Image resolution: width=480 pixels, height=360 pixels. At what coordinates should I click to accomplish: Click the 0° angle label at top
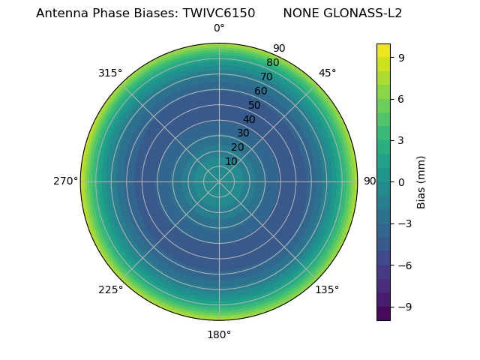pyautogui.click(x=219, y=28)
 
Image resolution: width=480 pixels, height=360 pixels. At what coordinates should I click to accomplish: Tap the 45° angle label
pyautogui.click(x=327, y=73)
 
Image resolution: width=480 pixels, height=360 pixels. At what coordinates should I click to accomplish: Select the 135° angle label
pyautogui.click(x=327, y=289)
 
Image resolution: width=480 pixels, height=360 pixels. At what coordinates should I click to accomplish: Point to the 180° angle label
pyautogui.click(x=219, y=334)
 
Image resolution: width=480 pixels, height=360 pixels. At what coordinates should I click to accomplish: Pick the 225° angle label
pyautogui.click(x=110, y=289)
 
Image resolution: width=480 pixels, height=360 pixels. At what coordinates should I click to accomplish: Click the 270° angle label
pyautogui.click(x=65, y=181)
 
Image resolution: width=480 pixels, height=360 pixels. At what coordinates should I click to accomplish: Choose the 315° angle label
pyautogui.click(x=110, y=73)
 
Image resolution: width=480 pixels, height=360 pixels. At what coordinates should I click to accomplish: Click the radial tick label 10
pyautogui.click(x=231, y=161)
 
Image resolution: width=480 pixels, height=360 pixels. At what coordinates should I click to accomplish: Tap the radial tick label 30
pyautogui.click(x=243, y=133)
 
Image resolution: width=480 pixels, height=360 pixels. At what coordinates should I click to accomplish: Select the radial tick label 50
pyautogui.click(x=255, y=105)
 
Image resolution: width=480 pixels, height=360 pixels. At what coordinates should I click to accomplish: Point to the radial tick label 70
pyautogui.click(x=267, y=76)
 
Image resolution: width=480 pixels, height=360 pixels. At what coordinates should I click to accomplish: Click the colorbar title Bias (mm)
pyautogui.click(x=421, y=181)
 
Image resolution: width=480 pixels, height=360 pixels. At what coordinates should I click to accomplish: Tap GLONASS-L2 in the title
pyautogui.click(x=362, y=13)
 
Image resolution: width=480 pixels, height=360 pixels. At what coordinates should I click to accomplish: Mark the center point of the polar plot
pyautogui.click(x=219, y=181)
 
